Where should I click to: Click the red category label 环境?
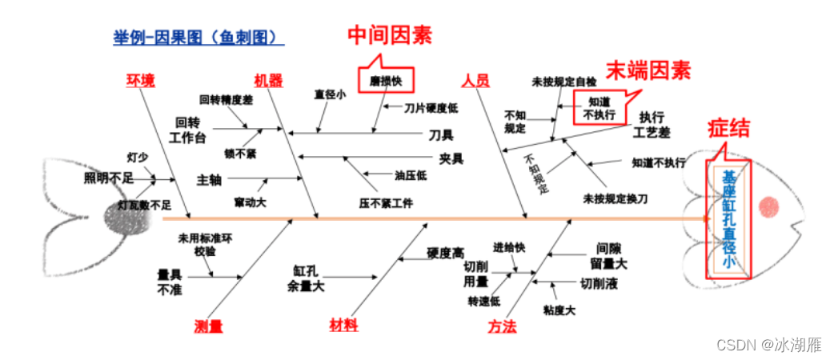click(141, 80)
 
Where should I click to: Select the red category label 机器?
click(268, 80)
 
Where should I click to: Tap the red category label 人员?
click(475, 81)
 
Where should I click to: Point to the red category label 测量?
click(208, 326)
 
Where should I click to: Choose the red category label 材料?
click(344, 325)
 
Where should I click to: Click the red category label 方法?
click(503, 326)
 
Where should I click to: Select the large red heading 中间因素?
click(389, 35)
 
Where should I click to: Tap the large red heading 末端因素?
click(647, 70)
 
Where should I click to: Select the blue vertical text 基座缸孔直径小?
click(728, 217)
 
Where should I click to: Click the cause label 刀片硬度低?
click(431, 107)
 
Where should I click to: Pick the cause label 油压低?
click(411, 175)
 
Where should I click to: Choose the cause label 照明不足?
click(109, 178)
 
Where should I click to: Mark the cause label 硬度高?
click(445, 253)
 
